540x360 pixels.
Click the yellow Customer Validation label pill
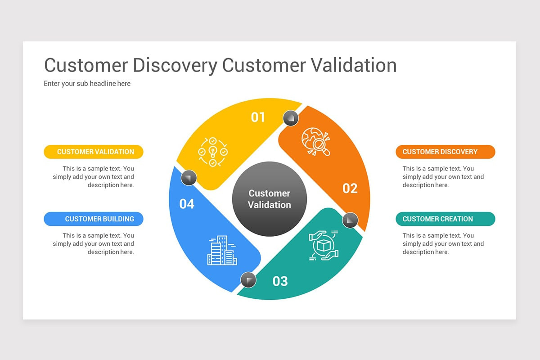(x=94, y=152)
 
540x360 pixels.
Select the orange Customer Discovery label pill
(x=445, y=152)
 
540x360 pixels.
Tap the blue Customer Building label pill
(x=94, y=219)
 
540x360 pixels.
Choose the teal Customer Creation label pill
(x=445, y=219)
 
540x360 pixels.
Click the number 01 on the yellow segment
(x=258, y=117)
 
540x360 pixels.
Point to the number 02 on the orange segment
(x=350, y=188)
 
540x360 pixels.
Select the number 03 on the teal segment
(x=280, y=281)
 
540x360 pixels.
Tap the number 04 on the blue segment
(x=187, y=204)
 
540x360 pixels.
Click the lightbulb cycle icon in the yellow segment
(x=213, y=152)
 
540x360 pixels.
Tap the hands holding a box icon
(x=323, y=245)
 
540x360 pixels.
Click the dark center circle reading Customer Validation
(x=270, y=199)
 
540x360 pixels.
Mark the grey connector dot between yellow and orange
(x=291, y=118)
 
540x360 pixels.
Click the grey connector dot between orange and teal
(x=350, y=220)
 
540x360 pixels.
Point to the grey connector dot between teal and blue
(x=248, y=280)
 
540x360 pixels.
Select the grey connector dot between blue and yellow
(x=189, y=178)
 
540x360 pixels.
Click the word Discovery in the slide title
(x=175, y=65)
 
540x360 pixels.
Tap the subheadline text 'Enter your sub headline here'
(x=87, y=83)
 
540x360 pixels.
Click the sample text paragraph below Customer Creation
(x=443, y=243)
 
